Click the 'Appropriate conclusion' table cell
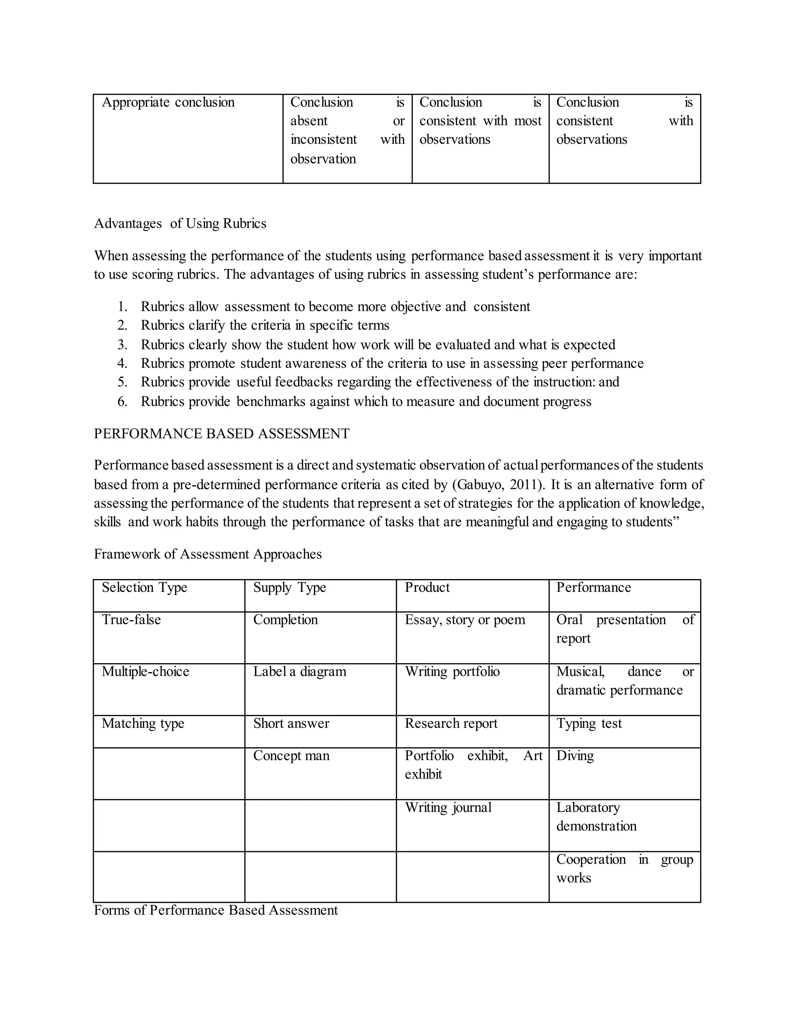point(168,102)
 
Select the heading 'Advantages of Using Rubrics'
point(180,224)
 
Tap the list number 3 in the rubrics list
point(122,345)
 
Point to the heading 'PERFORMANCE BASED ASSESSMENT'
point(221,434)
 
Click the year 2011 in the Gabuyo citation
point(524,485)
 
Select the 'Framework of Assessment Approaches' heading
point(208,554)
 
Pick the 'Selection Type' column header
point(144,587)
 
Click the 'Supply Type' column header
point(290,587)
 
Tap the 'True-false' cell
point(131,620)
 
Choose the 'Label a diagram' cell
point(299,672)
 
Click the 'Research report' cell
point(451,724)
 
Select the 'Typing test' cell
point(589,724)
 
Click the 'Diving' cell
point(575,756)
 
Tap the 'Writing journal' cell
point(448,808)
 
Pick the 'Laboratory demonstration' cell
point(596,817)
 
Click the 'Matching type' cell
point(142,724)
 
